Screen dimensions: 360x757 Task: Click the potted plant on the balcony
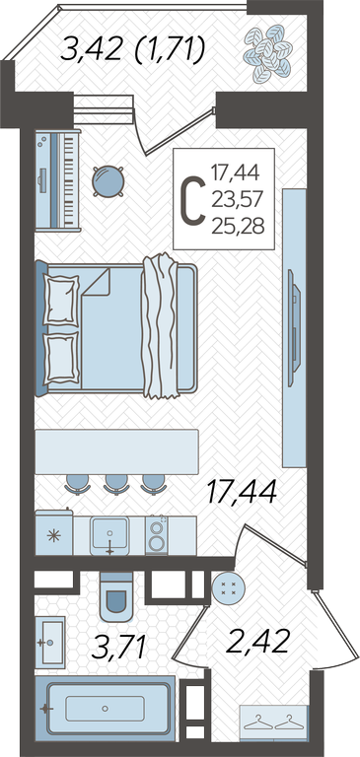click(x=267, y=52)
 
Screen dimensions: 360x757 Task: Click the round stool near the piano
click(x=108, y=181)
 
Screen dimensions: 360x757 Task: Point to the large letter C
click(x=192, y=200)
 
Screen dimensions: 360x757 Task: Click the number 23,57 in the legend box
click(x=238, y=198)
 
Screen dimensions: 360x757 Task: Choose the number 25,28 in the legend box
click(x=238, y=226)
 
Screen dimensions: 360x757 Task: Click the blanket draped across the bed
click(x=161, y=326)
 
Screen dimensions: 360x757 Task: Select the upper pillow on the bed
click(x=61, y=300)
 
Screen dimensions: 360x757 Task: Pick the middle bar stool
click(x=116, y=484)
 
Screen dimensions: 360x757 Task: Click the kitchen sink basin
click(x=109, y=533)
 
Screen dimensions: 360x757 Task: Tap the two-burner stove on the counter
click(x=157, y=535)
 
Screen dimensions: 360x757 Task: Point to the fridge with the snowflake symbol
click(x=54, y=533)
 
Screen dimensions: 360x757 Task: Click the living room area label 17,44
click(x=241, y=492)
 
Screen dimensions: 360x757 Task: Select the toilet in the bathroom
click(x=116, y=597)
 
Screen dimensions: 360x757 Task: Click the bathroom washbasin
click(x=50, y=642)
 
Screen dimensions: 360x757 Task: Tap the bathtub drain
click(x=105, y=709)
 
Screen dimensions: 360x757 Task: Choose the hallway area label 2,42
click(x=258, y=641)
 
